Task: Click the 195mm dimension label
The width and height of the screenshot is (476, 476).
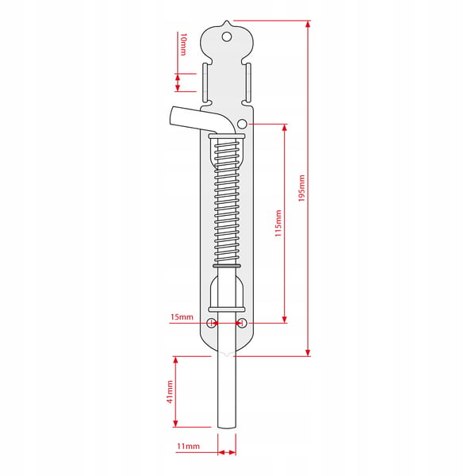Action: (301, 188)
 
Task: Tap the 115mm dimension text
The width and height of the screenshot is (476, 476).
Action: (278, 223)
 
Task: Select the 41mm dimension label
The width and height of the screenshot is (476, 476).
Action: (170, 392)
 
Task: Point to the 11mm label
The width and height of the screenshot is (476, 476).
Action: (188, 446)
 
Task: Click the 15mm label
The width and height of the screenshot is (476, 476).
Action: (182, 317)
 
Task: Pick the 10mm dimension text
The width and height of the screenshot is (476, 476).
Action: (183, 44)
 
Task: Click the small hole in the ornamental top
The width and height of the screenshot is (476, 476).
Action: (227, 36)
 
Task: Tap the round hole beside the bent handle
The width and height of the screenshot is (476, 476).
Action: (242, 124)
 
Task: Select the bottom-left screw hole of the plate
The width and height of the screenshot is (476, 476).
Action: (211, 323)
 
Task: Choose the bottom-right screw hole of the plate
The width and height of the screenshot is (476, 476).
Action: (242, 323)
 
